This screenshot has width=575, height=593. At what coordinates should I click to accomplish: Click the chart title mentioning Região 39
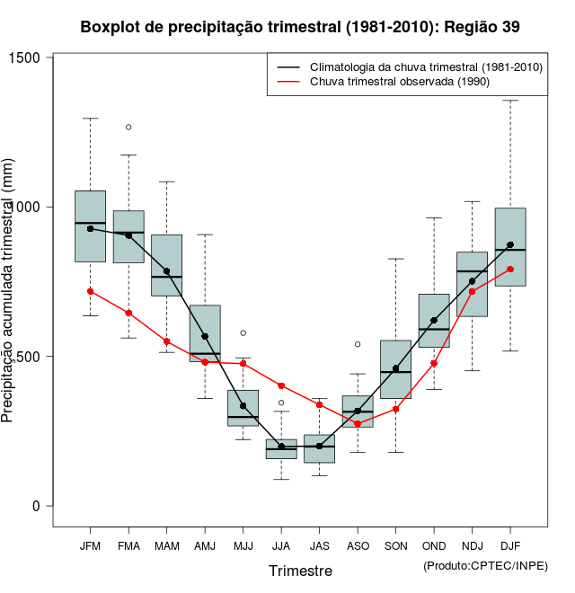coord(299,27)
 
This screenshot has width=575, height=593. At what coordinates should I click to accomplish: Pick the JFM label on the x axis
coord(90,546)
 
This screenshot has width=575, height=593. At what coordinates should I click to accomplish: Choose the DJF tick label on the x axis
coord(510,546)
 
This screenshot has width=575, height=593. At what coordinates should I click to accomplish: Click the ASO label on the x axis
coord(358,546)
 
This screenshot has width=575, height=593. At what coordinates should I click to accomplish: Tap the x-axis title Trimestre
coord(300,571)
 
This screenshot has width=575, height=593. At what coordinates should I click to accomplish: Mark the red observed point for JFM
coord(90,291)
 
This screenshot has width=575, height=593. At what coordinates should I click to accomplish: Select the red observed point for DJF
coord(510,270)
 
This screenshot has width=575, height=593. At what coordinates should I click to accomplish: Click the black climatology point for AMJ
coord(205,337)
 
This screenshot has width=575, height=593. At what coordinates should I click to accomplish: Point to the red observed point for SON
coord(395,409)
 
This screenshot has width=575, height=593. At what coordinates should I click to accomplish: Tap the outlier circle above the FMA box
coord(128,128)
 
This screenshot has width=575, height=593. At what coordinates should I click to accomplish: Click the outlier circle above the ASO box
coord(358,344)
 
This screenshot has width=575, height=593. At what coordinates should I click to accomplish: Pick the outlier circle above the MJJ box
coord(243,333)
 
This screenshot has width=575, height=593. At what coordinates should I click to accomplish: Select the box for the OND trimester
coord(434,321)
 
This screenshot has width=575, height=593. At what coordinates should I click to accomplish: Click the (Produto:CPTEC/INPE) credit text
coord(485,565)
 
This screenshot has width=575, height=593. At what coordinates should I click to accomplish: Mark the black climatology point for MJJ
coord(243,406)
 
